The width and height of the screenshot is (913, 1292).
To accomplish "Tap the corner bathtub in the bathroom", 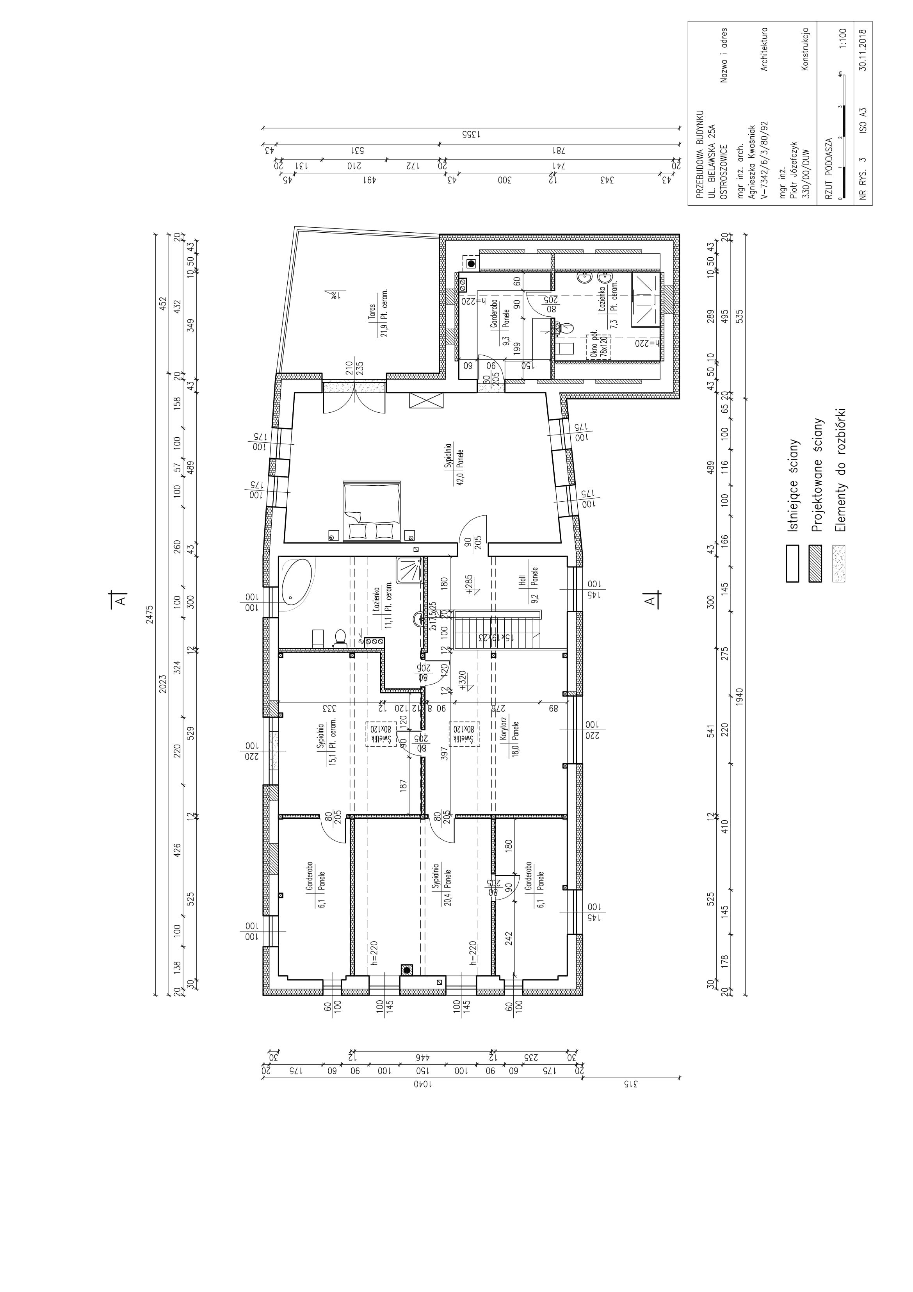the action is pos(299,586).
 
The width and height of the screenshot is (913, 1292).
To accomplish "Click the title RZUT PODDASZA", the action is pos(827,166).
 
